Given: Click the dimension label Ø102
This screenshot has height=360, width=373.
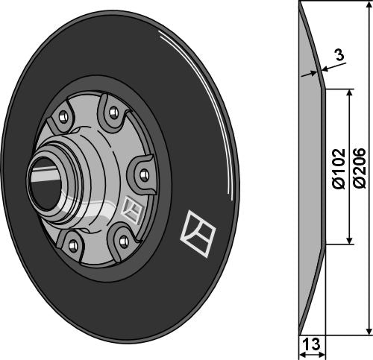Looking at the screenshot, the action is coord(339,168).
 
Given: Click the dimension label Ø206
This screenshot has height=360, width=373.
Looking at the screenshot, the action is coord(360,168).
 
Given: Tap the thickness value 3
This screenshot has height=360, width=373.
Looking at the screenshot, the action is coord(339,54).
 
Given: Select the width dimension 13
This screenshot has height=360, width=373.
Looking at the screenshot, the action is coord(312,344).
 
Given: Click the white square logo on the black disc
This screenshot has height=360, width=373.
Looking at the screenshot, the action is coord(198,233).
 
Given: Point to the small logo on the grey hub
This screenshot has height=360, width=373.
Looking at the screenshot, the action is coord(134,210).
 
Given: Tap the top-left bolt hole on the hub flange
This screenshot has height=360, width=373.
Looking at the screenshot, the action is coord(63,116).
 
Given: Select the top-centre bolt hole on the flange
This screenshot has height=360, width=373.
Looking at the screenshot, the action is coord(114,113).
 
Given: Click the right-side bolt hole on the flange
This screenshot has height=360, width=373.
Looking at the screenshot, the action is coord(144,174).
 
